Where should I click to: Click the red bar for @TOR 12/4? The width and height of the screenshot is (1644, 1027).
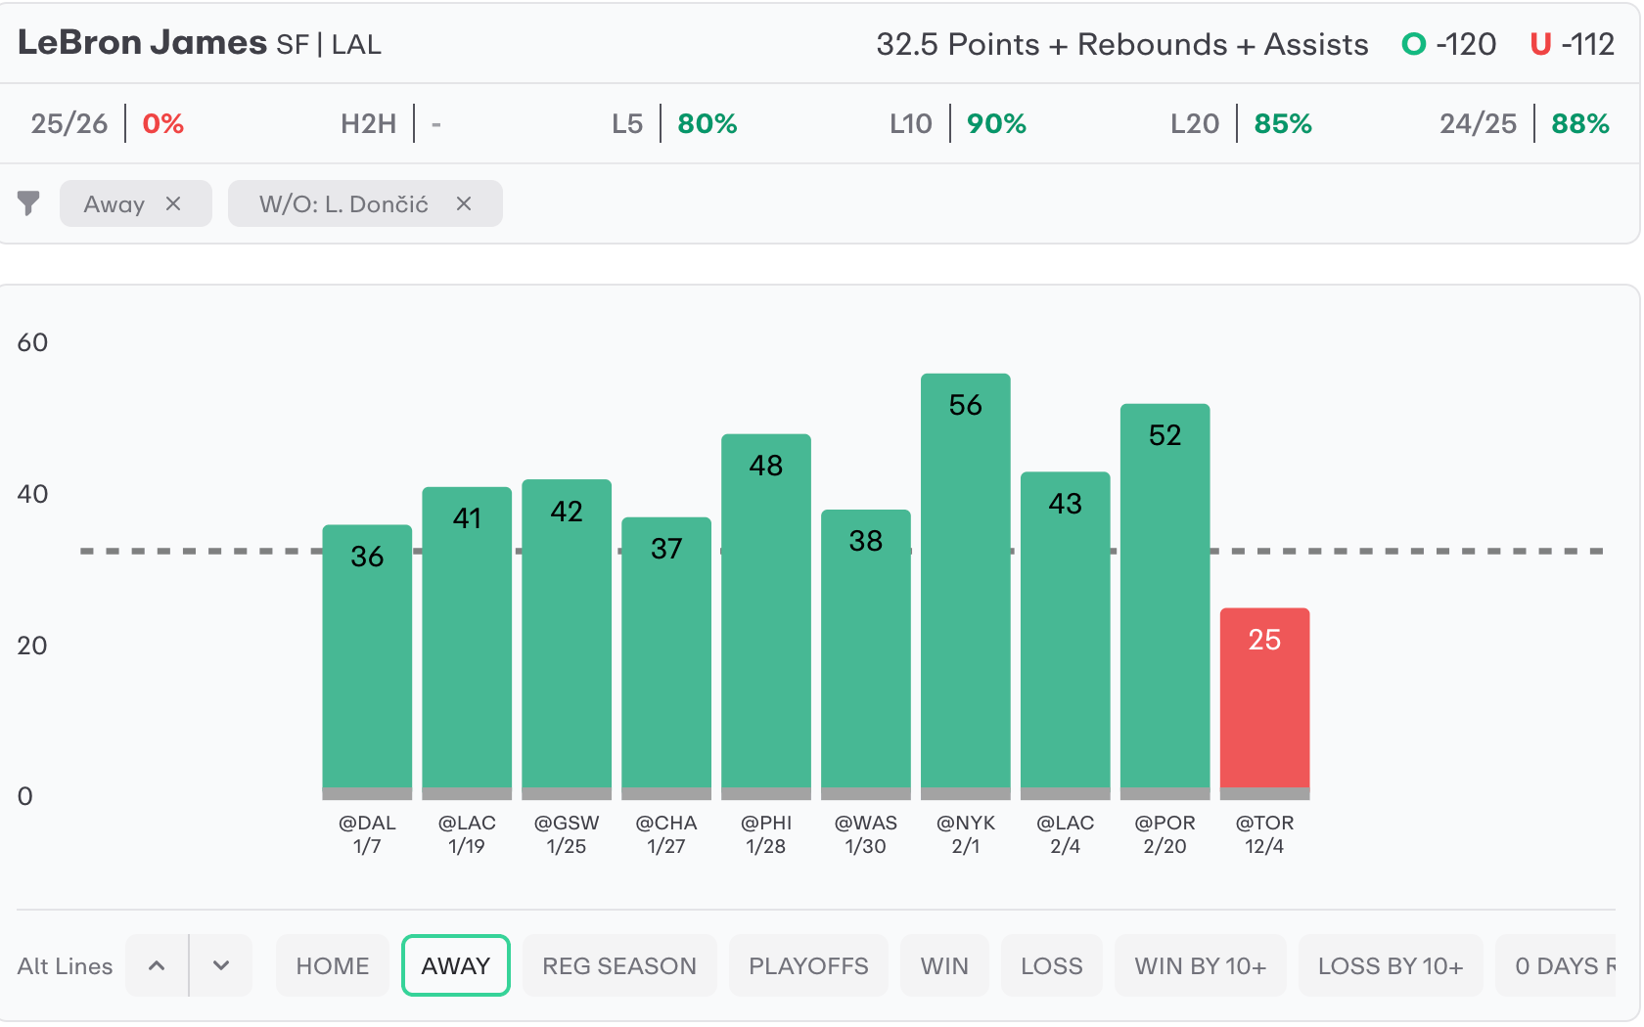[x=1264, y=699]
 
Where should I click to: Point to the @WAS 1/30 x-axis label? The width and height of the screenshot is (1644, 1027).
[x=865, y=834]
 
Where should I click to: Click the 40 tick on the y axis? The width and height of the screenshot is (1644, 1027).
[x=32, y=494]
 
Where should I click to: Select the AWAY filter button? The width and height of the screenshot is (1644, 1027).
[x=455, y=965]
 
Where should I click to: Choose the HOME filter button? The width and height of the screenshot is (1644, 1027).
[x=333, y=965]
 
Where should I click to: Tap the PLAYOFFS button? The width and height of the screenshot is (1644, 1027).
[x=808, y=965]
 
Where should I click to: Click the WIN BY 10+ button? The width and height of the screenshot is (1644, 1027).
[x=1200, y=965]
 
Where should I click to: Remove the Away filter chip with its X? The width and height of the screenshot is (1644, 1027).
[x=173, y=203]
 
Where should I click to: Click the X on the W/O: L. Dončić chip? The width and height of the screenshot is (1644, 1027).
[x=464, y=203]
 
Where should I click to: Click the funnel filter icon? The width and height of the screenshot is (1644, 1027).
[x=28, y=203]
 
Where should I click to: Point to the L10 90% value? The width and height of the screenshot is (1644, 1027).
[x=996, y=124]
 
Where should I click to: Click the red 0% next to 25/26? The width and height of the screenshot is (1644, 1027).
[x=163, y=124]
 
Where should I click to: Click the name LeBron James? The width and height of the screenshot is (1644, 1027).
[x=142, y=42]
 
